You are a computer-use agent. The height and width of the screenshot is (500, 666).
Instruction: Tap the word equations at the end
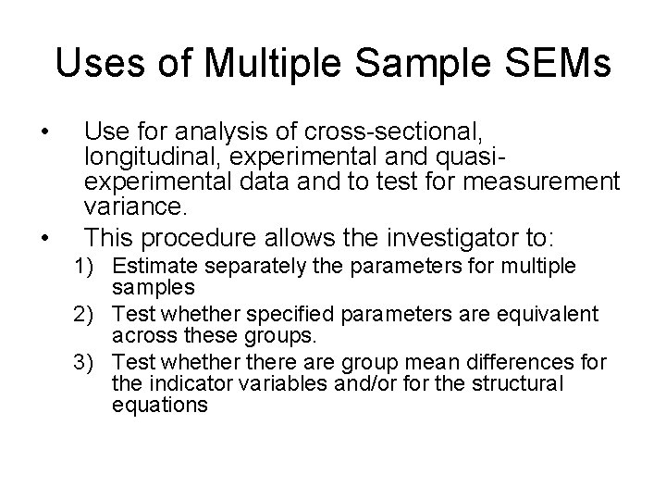(x=159, y=405)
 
